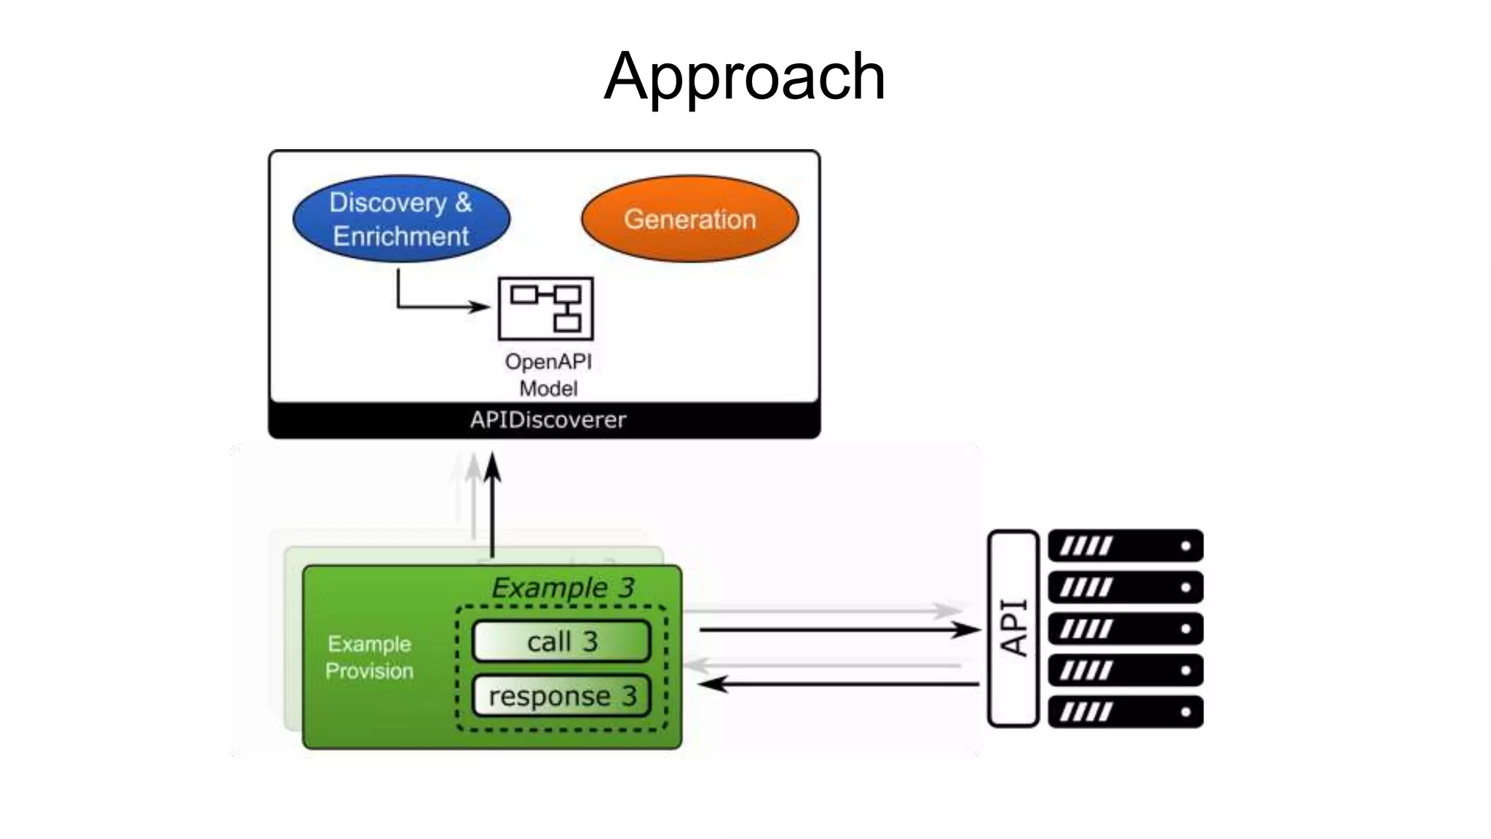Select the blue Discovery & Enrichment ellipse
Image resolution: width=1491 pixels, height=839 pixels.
pos(401,218)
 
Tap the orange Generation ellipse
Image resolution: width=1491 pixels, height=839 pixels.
pos(689,218)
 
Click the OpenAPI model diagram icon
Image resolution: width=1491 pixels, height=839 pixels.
pos(545,308)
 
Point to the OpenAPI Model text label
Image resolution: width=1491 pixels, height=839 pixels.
pos(548,374)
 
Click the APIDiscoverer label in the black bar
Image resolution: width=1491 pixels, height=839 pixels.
pos(547,420)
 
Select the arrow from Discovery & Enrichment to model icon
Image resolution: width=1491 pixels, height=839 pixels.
pos(437,306)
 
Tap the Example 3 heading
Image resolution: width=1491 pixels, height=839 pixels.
pos(562,588)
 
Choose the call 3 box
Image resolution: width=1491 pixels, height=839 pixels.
pos(561,642)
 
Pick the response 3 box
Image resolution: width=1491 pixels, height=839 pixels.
pos(561,696)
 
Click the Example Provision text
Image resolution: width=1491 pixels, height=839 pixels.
pos(369,657)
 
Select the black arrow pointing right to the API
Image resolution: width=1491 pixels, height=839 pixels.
pos(837,629)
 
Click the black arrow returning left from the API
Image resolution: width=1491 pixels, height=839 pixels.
pos(837,684)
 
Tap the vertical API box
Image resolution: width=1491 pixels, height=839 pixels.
pos(1013,628)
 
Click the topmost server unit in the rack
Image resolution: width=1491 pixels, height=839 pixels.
pos(1125,545)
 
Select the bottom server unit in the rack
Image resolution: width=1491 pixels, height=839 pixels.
pos(1125,712)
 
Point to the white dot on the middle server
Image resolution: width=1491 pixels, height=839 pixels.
pos(1185,629)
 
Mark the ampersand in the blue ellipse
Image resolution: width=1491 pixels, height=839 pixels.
pos(463,202)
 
